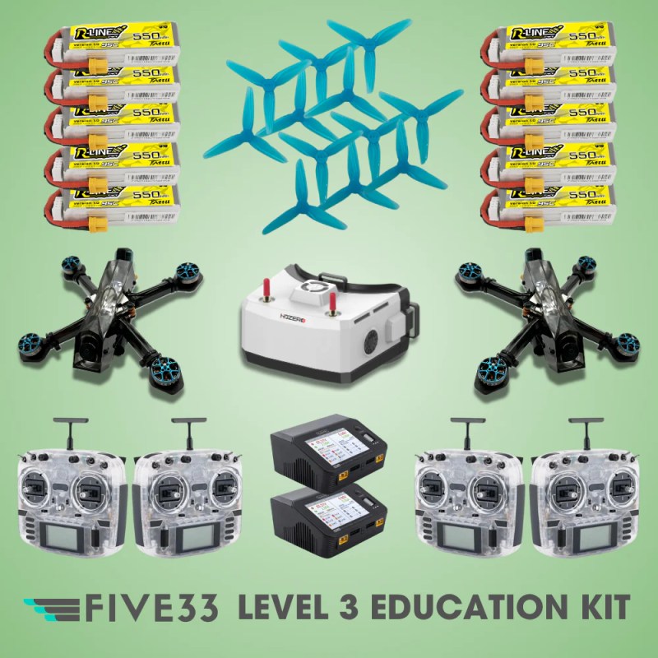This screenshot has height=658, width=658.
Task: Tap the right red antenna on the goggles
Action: tap(333, 305)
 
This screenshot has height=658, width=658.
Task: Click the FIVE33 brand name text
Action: tap(152, 609)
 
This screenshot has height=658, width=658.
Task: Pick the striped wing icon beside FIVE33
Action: tap(53, 609)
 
